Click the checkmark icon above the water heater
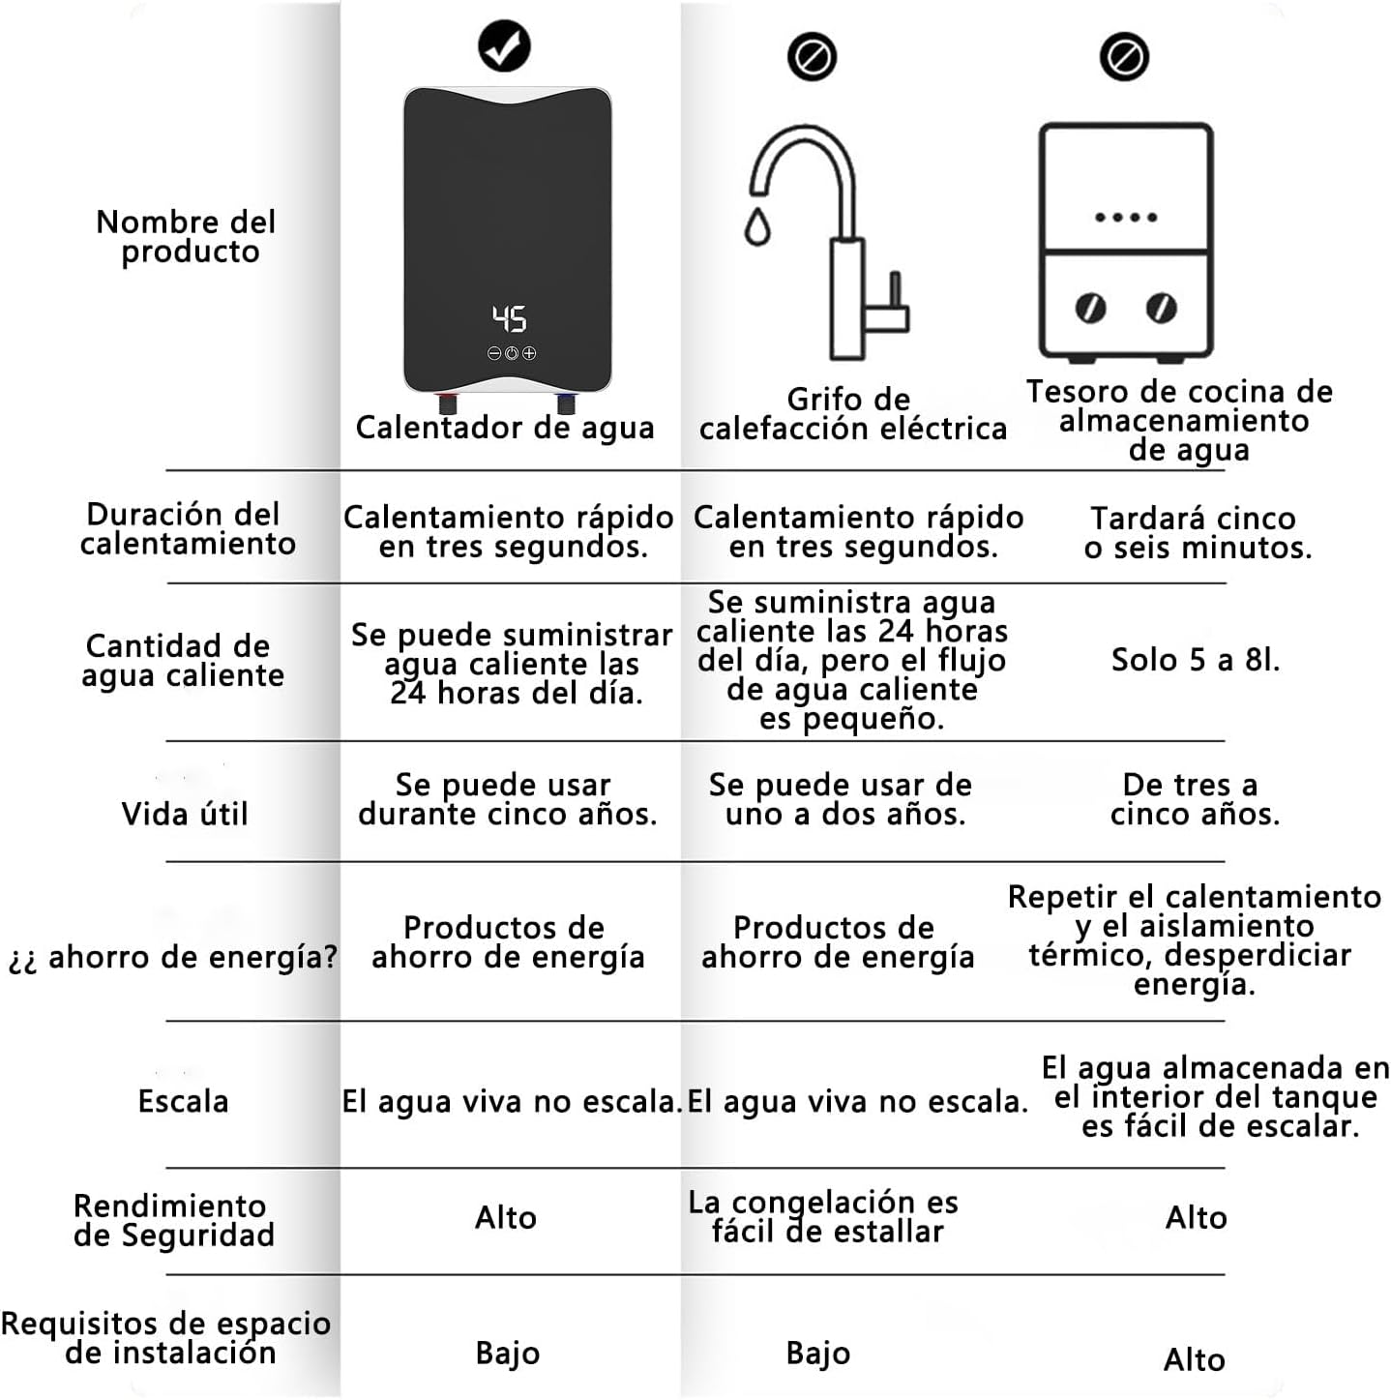tap(504, 45)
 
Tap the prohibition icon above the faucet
tap(812, 57)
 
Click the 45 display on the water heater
tap(510, 318)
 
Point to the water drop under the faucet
tap(756, 225)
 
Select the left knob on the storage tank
tap(1090, 309)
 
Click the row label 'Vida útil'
tap(185, 814)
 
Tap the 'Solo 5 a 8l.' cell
tap(1196, 660)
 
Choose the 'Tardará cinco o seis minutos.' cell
tap(1197, 533)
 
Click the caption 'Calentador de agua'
tap(505, 428)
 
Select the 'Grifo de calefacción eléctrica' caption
tap(852, 414)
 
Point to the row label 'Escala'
tap(183, 1101)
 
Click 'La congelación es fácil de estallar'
tap(824, 1216)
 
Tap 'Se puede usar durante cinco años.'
tap(507, 799)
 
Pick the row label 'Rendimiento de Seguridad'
tap(173, 1220)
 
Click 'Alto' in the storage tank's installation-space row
tap(1195, 1359)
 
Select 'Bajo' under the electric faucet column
tap(818, 1353)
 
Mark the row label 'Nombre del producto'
tap(187, 237)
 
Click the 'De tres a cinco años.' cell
tap(1194, 799)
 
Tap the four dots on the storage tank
tap(1126, 218)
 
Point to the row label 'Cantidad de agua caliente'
tap(182, 661)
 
